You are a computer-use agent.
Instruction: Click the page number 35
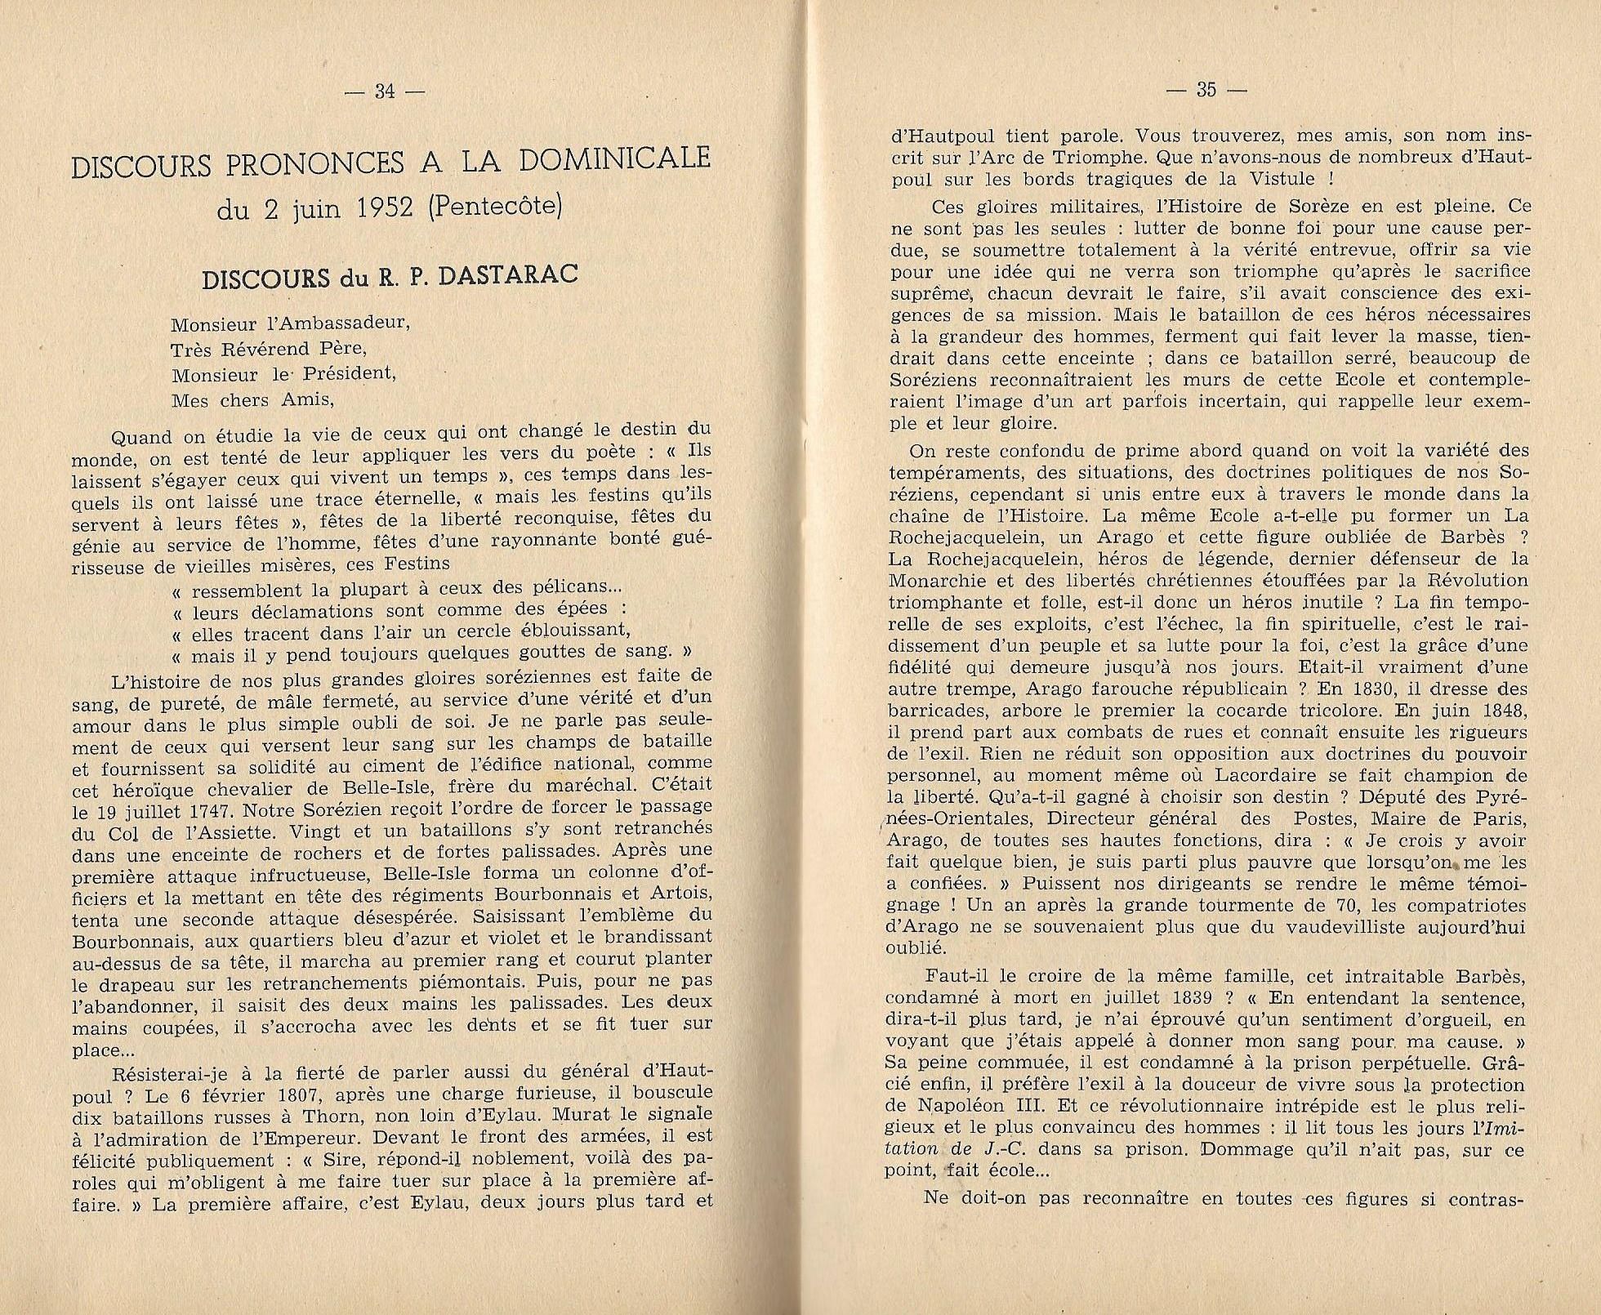1206,90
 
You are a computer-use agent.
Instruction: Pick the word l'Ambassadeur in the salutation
346,323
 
